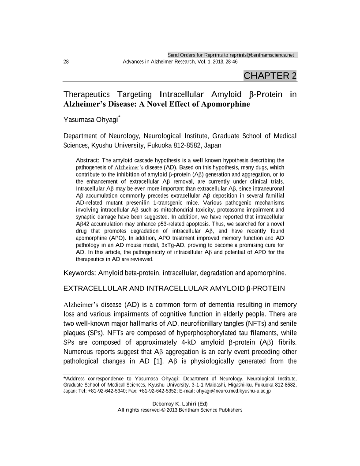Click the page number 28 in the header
[67, 61]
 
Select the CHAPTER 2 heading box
[270, 75]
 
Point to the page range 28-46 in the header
[229, 61]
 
